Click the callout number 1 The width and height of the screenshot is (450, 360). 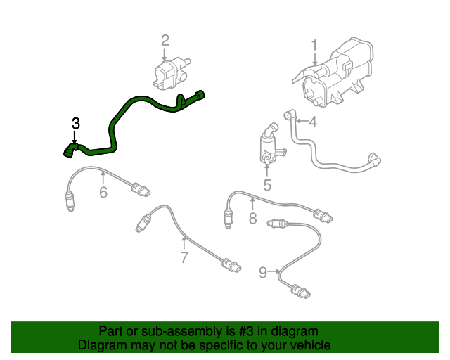(x=315, y=46)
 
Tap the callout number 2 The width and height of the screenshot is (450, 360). (x=165, y=40)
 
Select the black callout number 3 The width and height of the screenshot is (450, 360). (x=76, y=124)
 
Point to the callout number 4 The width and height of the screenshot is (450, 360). (x=312, y=122)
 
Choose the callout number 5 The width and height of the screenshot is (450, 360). (x=267, y=185)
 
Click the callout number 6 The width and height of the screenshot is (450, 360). (x=103, y=191)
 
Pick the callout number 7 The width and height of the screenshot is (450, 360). (x=184, y=257)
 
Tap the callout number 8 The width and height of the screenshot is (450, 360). (x=253, y=218)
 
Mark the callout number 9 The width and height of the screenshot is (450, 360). (x=263, y=272)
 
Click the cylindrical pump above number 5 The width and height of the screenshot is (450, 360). (x=267, y=146)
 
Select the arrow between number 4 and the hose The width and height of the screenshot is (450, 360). (x=299, y=122)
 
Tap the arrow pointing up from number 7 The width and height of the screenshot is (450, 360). (x=184, y=243)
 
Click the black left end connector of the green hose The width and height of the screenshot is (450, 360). (x=68, y=149)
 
